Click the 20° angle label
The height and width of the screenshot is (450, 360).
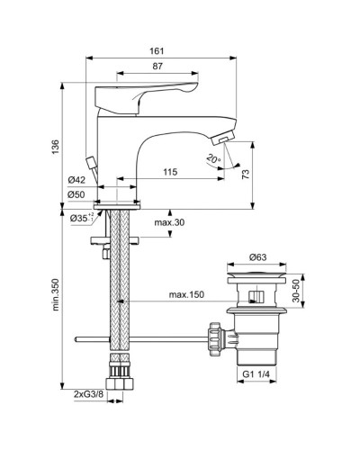point(213,160)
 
